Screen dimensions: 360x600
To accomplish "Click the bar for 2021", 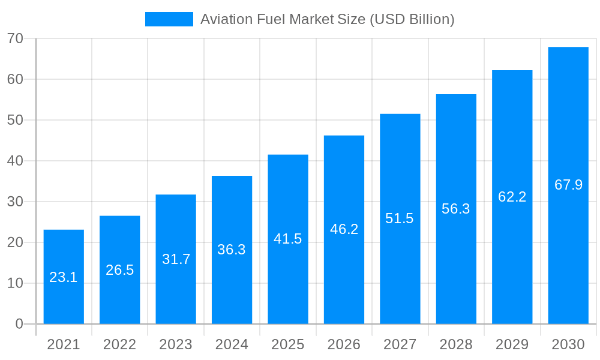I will click(x=64, y=277).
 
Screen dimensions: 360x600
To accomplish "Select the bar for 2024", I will click(x=232, y=250).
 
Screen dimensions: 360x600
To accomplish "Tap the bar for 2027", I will click(x=400, y=219).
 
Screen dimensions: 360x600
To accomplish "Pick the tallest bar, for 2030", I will click(x=568, y=185).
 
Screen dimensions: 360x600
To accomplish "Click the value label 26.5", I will click(x=120, y=270).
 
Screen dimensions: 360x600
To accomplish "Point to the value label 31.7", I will click(x=176, y=259).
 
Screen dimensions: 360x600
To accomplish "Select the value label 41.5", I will click(x=288, y=239).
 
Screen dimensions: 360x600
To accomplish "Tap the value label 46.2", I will click(x=344, y=229).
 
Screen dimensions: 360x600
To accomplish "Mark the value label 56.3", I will click(x=456, y=209).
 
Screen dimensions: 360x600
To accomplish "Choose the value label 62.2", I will click(x=512, y=197).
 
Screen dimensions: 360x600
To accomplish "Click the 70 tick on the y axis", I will click(x=15, y=38).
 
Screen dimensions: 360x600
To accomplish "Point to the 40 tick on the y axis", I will click(x=15, y=161).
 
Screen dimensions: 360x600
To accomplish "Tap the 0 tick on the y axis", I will click(x=19, y=324).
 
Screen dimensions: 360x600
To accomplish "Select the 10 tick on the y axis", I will click(x=15, y=283).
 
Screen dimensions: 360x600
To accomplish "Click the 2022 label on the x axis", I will click(x=120, y=344).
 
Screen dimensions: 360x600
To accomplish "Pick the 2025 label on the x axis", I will click(x=288, y=344).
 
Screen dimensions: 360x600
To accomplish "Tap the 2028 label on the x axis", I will click(x=456, y=344).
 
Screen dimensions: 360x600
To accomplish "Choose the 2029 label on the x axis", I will click(x=512, y=344).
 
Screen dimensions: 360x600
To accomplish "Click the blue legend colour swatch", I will click(x=169, y=19).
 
